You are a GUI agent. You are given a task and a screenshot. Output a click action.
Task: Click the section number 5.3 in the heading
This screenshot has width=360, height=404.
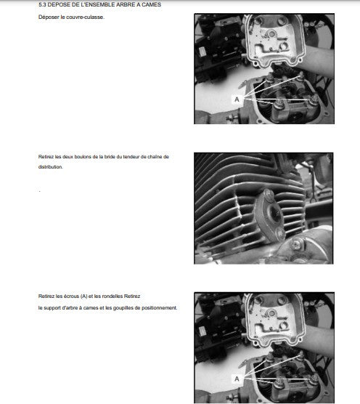coord(42,4)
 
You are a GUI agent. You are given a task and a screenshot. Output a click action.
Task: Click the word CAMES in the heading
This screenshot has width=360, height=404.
coord(151,4)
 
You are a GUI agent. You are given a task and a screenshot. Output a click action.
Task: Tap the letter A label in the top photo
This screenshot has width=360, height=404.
coord(237,100)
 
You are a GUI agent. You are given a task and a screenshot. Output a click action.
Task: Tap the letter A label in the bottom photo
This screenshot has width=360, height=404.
coord(237,379)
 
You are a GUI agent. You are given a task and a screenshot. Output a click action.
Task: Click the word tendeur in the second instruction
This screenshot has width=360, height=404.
coord(131,157)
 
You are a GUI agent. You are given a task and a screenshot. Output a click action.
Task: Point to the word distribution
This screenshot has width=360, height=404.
coord(51,167)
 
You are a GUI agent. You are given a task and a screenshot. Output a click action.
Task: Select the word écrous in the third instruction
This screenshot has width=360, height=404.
coord(71,296)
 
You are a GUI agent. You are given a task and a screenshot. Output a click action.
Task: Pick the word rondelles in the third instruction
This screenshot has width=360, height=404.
coord(112,296)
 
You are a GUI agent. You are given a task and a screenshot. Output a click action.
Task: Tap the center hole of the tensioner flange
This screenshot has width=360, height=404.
coord(274,214)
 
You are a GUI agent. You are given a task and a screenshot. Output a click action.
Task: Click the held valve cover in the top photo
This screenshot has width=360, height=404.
coord(274,40)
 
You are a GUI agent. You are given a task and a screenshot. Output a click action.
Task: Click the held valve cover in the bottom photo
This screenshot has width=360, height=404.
coord(274,320)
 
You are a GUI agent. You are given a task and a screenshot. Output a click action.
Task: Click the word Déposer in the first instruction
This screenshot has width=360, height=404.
coord(49,17)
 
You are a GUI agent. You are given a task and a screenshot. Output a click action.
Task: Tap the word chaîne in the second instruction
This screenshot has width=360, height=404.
coord(155,157)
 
